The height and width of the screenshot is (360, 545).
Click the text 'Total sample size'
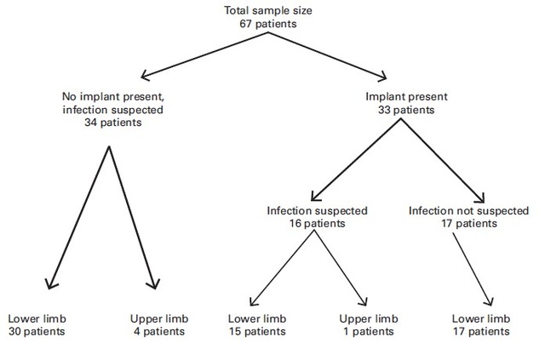pyautogui.click(x=267, y=10)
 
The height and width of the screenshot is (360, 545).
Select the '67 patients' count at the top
pyautogui.click(x=268, y=24)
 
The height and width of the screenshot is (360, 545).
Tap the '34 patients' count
pyautogui.click(x=113, y=123)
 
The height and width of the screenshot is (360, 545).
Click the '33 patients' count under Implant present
pyautogui.click(x=406, y=110)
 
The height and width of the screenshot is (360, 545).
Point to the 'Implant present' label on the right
pyautogui.click(x=406, y=96)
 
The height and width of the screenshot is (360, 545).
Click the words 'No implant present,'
pyautogui.click(x=113, y=96)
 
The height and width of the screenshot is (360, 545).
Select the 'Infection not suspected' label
pyautogui.click(x=468, y=210)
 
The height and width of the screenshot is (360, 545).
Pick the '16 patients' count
pyautogui.click(x=317, y=223)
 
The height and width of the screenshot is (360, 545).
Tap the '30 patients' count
pyautogui.click(x=37, y=331)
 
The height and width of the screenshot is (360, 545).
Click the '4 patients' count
pyautogui.click(x=159, y=331)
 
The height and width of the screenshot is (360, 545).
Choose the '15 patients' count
pyautogui.click(x=257, y=331)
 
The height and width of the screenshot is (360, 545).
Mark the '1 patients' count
pyautogui.click(x=369, y=331)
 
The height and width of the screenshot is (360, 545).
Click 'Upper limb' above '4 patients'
pyautogui.click(x=159, y=318)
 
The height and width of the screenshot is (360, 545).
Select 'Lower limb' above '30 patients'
pyautogui.click(x=37, y=318)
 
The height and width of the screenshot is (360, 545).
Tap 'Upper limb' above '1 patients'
pyautogui.click(x=369, y=318)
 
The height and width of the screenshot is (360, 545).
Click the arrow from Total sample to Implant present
pyautogui.click(x=327, y=55)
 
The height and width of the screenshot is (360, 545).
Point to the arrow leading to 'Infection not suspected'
pyautogui.click(x=443, y=161)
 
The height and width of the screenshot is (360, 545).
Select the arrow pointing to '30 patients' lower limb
pyautogui.click(x=78, y=218)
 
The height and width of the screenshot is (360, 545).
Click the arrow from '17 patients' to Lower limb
pyautogui.click(x=473, y=269)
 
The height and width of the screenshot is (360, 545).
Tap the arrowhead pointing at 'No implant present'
pyautogui.click(x=146, y=76)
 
